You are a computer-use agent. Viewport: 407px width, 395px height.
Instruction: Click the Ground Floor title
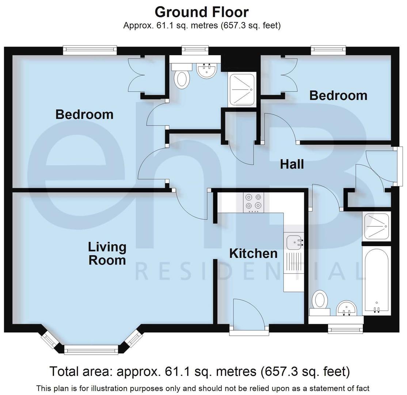pyautogui.click(x=202, y=12)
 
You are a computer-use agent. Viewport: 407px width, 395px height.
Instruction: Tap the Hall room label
pyautogui.click(x=292, y=164)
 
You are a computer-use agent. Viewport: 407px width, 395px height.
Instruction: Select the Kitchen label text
pyautogui.click(x=253, y=253)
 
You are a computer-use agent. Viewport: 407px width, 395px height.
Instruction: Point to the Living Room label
pyautogui.click(x=107, y=253)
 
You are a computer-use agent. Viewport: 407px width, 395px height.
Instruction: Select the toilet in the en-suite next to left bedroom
pyautogui.click(x=182, y=78)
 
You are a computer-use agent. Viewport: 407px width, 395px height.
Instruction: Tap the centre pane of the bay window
pyautogui.click(x=91, y=350)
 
